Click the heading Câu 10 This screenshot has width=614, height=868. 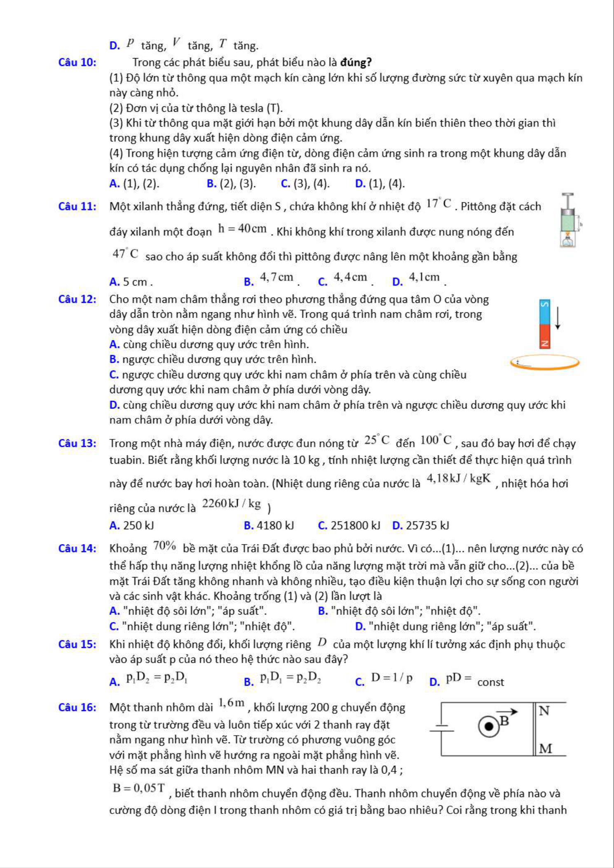pos(77,63)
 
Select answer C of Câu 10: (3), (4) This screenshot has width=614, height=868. pos(305,184)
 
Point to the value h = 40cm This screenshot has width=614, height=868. pos(242,229)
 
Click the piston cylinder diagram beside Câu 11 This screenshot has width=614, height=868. pos(568,220)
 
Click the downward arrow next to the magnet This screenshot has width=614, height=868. pos(558,318)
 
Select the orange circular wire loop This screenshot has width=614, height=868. pos(545,362)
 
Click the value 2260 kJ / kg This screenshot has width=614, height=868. pos(232,504)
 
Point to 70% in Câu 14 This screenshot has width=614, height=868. pos(165,546)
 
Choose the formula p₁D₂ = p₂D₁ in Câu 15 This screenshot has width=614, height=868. pos(157,678)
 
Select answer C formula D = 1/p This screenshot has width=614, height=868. pos(391,678)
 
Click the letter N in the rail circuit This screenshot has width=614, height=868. pos(544,711)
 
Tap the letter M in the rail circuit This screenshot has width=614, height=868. pos(545,748)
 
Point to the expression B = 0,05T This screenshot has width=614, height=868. pos(139,788)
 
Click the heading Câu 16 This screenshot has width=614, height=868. pos(77,708)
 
